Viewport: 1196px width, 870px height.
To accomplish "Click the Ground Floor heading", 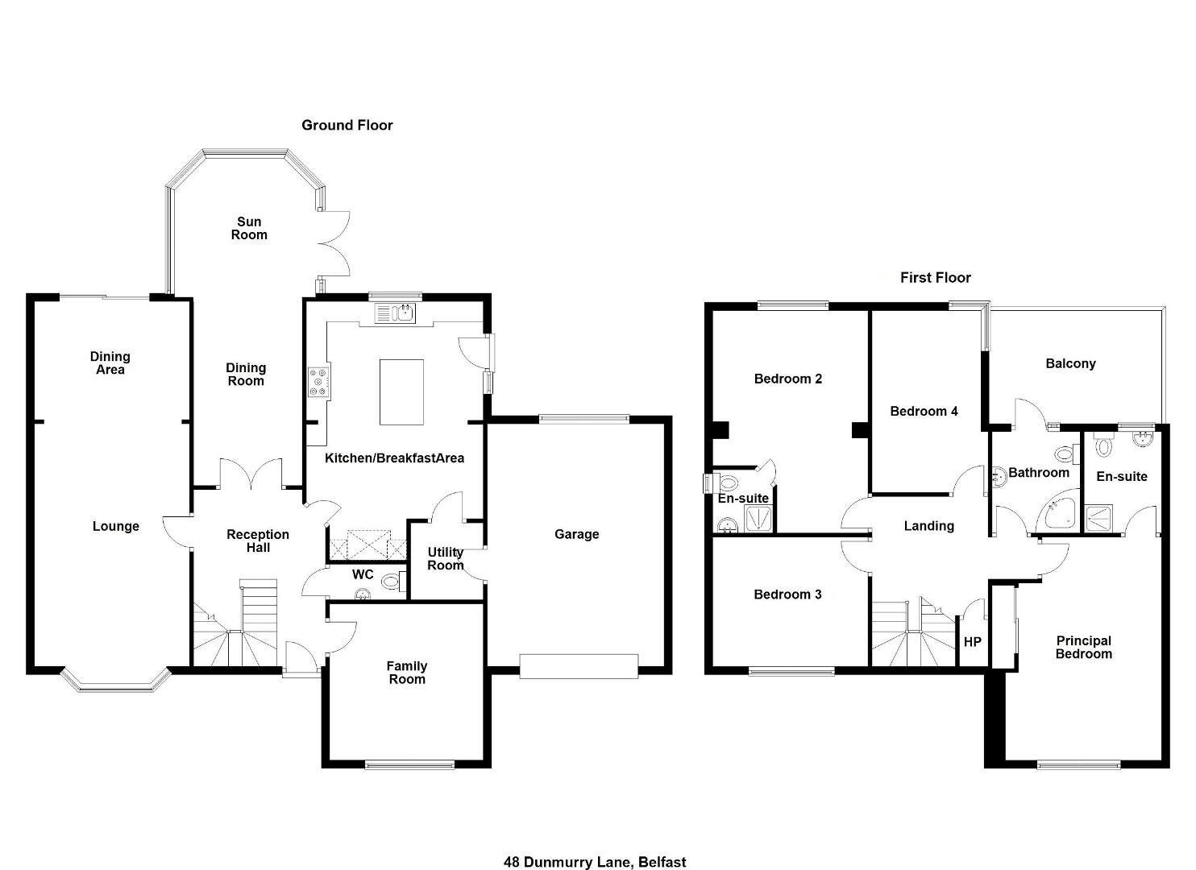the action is point(347,126).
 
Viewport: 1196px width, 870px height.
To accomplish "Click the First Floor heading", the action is point(936,278).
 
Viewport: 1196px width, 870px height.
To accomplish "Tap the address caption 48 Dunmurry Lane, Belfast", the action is point(595,847).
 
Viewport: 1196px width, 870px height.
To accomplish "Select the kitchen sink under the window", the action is point(395,313).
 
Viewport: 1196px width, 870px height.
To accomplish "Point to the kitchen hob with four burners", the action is point(319,382).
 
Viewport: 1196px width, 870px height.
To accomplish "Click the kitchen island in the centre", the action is point(401,391).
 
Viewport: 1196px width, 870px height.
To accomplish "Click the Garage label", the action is point(577,534).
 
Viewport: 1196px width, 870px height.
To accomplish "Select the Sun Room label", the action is point(249,229).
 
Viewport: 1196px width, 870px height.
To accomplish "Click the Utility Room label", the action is point(446,559).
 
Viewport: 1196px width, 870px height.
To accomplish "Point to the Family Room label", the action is point(407,673).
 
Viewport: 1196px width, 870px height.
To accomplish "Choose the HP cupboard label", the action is point(972,642).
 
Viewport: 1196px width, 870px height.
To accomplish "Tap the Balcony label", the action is point(1070,364).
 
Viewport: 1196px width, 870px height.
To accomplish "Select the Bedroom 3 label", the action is point(787,594).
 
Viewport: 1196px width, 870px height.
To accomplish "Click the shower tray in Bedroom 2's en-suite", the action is point(758,518).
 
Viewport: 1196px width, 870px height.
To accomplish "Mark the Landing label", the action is point(929,526).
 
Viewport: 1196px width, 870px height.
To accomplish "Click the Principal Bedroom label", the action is point(1084,648).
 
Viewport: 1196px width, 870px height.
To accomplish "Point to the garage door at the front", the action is point(579,667).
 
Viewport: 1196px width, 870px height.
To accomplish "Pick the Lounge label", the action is point(116,526).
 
